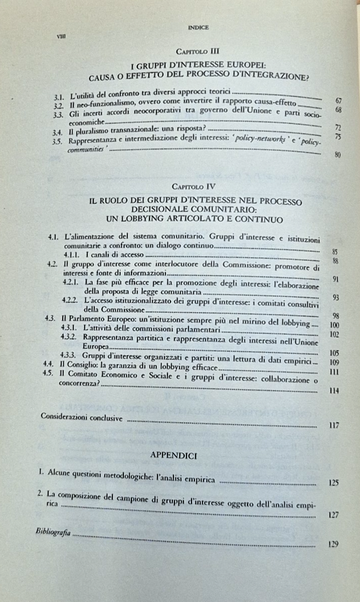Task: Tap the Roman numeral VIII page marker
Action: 62,36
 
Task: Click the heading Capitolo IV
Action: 193,187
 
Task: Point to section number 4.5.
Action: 49,372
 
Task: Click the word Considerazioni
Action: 63,417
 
